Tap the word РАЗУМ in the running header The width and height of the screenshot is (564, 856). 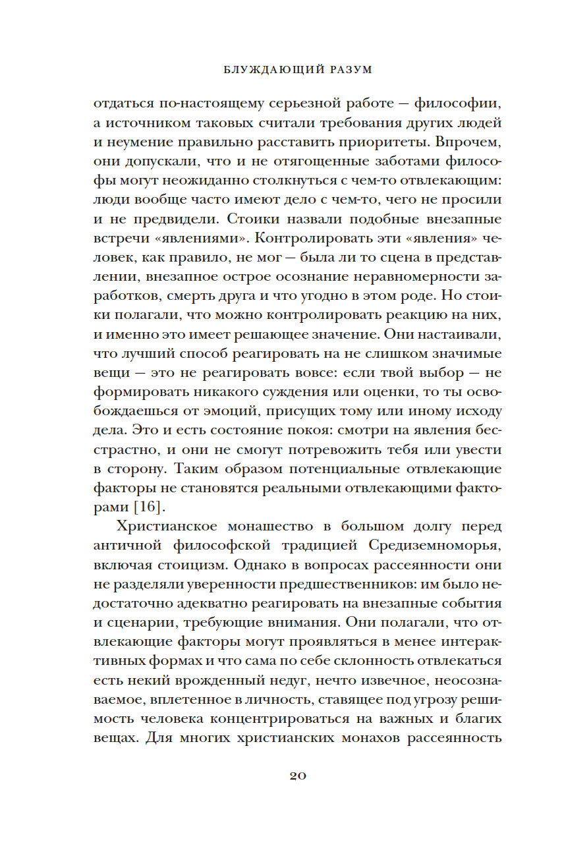(344, 69)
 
